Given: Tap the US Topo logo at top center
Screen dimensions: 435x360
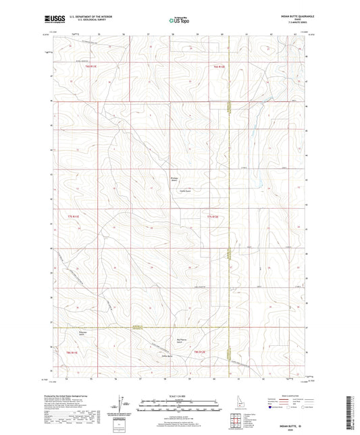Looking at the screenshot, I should (179, 21).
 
